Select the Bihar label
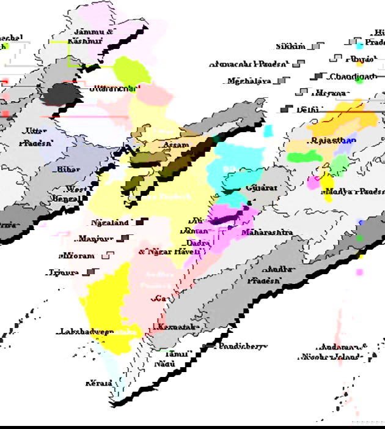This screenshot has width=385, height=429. point(68,169)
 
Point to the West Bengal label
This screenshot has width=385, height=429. point(76,194)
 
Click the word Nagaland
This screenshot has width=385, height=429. point(110,223)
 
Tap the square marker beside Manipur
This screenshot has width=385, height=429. point(125,238)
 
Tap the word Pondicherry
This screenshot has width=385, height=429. point(243,346)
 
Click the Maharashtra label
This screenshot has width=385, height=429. point(266,233)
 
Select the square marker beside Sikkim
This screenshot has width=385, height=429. point(316,46)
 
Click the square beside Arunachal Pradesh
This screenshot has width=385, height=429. point(298,63)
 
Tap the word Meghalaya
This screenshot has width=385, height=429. point(249,81)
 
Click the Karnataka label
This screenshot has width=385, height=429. point(178,327)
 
